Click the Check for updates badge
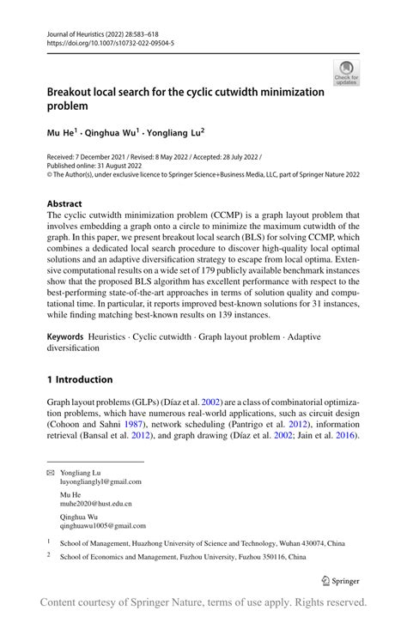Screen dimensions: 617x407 click(x=346, y=73)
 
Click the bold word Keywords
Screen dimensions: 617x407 click(x=69, y=330)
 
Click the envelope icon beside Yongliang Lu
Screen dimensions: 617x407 click(x=50, y=472)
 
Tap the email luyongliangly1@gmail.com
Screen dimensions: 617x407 click(x=100, y=482)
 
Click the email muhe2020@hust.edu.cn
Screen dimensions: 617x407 click(x=95, y=505)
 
